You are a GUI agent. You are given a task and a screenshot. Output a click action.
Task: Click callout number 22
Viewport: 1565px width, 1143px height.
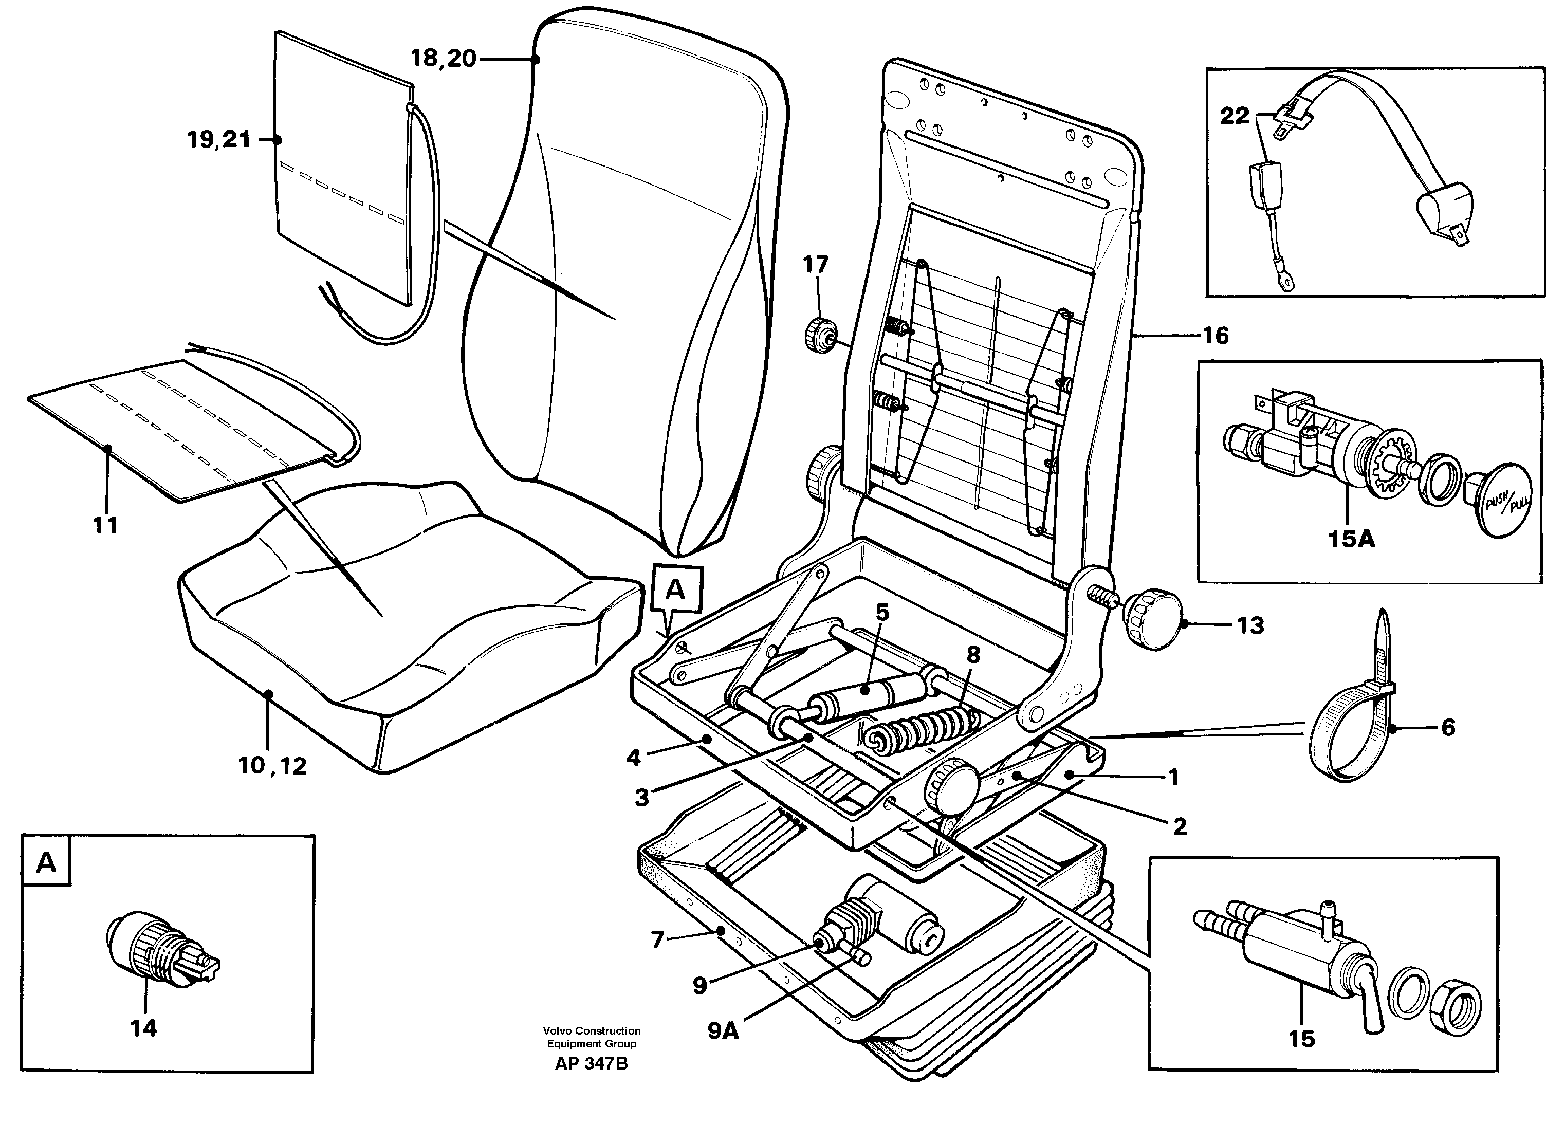click(1235, 116)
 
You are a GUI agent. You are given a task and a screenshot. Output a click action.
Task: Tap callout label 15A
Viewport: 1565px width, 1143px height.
click(1351, 539)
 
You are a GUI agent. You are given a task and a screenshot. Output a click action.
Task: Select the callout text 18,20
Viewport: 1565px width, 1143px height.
click(444, 59)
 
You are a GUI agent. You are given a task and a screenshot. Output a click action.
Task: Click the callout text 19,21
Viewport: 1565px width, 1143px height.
click(218, 140)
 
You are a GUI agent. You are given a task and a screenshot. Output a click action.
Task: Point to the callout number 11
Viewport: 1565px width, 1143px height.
click(106, 526)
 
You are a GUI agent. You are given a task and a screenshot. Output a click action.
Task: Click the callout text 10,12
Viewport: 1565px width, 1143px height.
click(272, 766)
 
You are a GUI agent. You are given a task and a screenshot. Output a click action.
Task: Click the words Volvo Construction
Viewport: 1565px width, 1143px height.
click(592, 1031)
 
